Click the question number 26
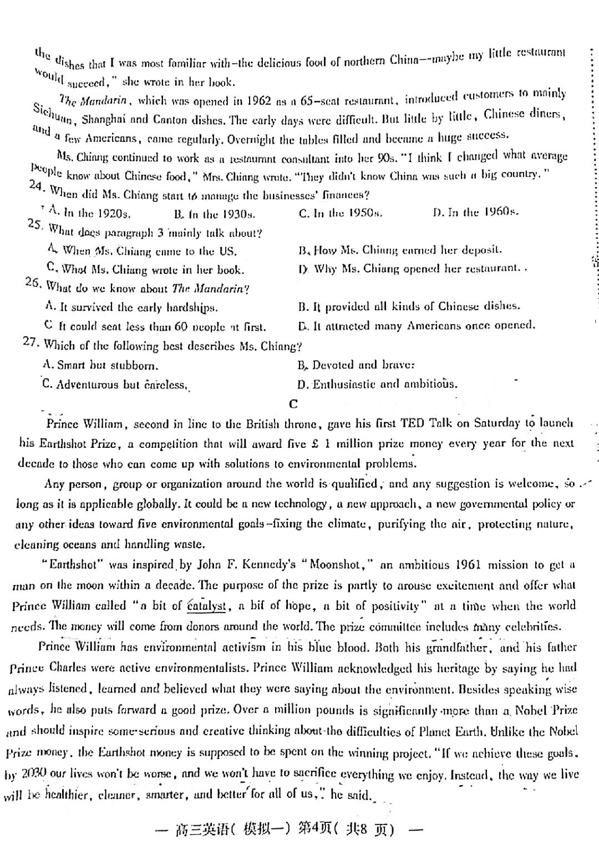tap(33, 283)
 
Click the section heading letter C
tap(293, 404)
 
